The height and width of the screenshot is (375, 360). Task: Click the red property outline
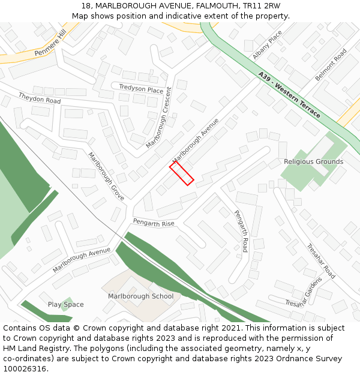click(x=181, y=173)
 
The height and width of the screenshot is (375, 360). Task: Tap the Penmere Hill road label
click(x=50, y=44)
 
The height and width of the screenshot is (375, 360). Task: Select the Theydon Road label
click(x=40, y=98)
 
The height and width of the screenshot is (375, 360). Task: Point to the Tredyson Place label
click(x=141, y=89)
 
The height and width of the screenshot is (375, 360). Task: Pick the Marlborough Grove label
click(x=106, y=176)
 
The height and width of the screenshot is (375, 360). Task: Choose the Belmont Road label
click(x=331, y=65)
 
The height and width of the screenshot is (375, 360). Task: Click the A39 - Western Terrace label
click(x=289, y=95)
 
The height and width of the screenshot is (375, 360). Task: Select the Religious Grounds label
click(x=313, y=161)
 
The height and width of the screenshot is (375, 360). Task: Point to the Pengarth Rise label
click(x=154, y=223)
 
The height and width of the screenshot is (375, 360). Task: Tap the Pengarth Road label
click(x=241, y=231)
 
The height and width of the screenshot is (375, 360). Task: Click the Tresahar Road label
click(x=320, y=261)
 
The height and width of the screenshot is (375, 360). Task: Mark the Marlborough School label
click(x=140, y=296)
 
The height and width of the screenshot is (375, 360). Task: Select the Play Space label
click(x=66, y=304)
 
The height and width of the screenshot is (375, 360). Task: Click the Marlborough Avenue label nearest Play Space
click(x=82, y=260)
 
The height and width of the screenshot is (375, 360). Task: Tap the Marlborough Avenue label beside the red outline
click(x=196, y=139)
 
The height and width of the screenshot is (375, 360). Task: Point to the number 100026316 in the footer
click(x=24, y=369)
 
